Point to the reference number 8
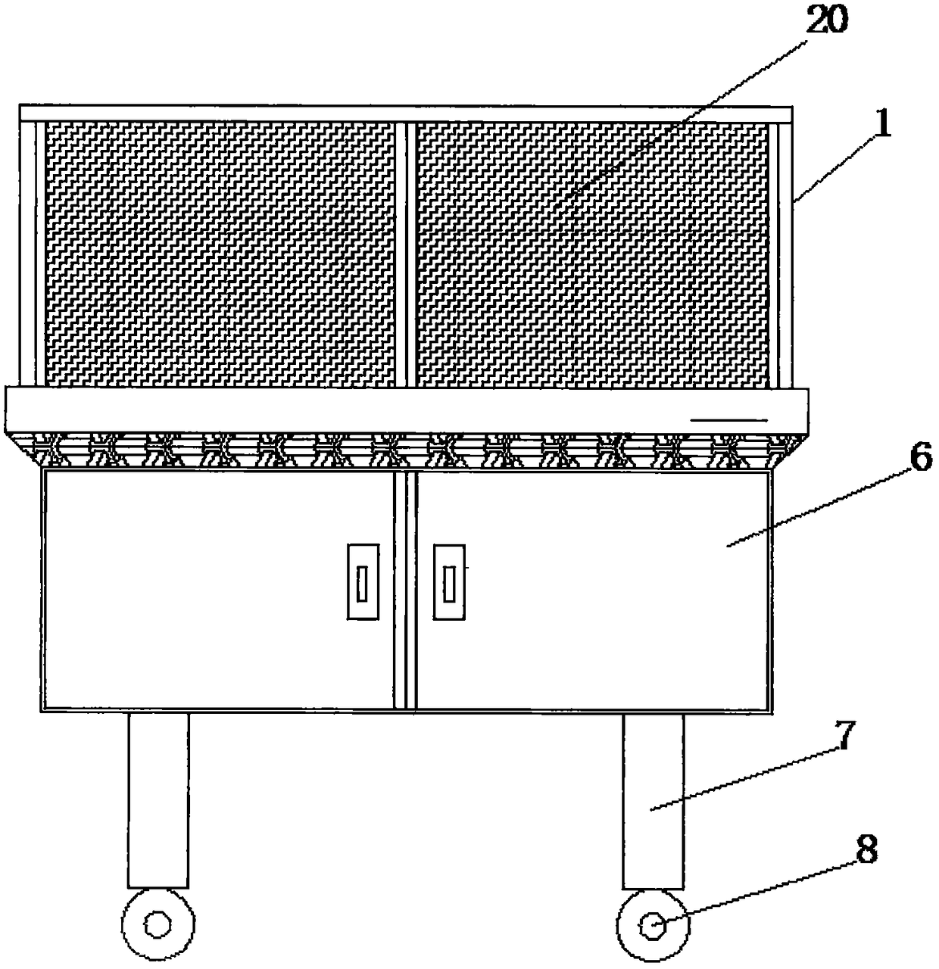coord(866,851)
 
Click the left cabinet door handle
coord(363,582)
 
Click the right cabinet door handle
coord(450,582)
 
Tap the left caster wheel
coord(158,924)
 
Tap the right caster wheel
coord(652,924)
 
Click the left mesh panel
coord(220,254)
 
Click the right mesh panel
coord(593,254)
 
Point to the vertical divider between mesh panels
coord(406,254)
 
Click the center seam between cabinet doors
coord(406,590)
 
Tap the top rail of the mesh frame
coord(406,114)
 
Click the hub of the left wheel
coord(158,924)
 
